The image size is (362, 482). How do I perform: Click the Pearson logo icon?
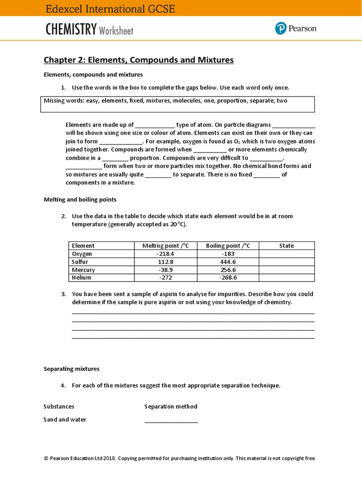[281, 29]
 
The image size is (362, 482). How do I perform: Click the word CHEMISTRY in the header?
[71, 30]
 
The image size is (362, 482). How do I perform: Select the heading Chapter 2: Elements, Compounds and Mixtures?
[139, 60]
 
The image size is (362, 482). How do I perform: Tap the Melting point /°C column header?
[165, 246]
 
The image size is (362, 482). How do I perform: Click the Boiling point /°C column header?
[228, 246]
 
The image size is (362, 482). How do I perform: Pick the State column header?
[286, 246]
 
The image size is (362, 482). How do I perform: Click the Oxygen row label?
[82, 254]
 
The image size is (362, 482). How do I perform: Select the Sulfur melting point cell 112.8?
[165, 262]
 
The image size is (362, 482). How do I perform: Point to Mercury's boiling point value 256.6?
[228, 270]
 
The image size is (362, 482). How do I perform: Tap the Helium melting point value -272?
[165, 278]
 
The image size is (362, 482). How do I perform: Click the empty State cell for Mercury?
[286, 270]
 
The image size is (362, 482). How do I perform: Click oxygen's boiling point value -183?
[228, 254]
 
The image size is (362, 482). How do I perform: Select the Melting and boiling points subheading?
[80, 200]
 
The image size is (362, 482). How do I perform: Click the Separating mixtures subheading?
[71, 369]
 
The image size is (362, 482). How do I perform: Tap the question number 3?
[63, 294]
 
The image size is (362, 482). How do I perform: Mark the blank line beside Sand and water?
[171, 421]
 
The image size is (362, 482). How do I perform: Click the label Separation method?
[171, 406]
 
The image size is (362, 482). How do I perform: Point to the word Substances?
[59, 406]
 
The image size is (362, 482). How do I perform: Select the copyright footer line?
[179, 458]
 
